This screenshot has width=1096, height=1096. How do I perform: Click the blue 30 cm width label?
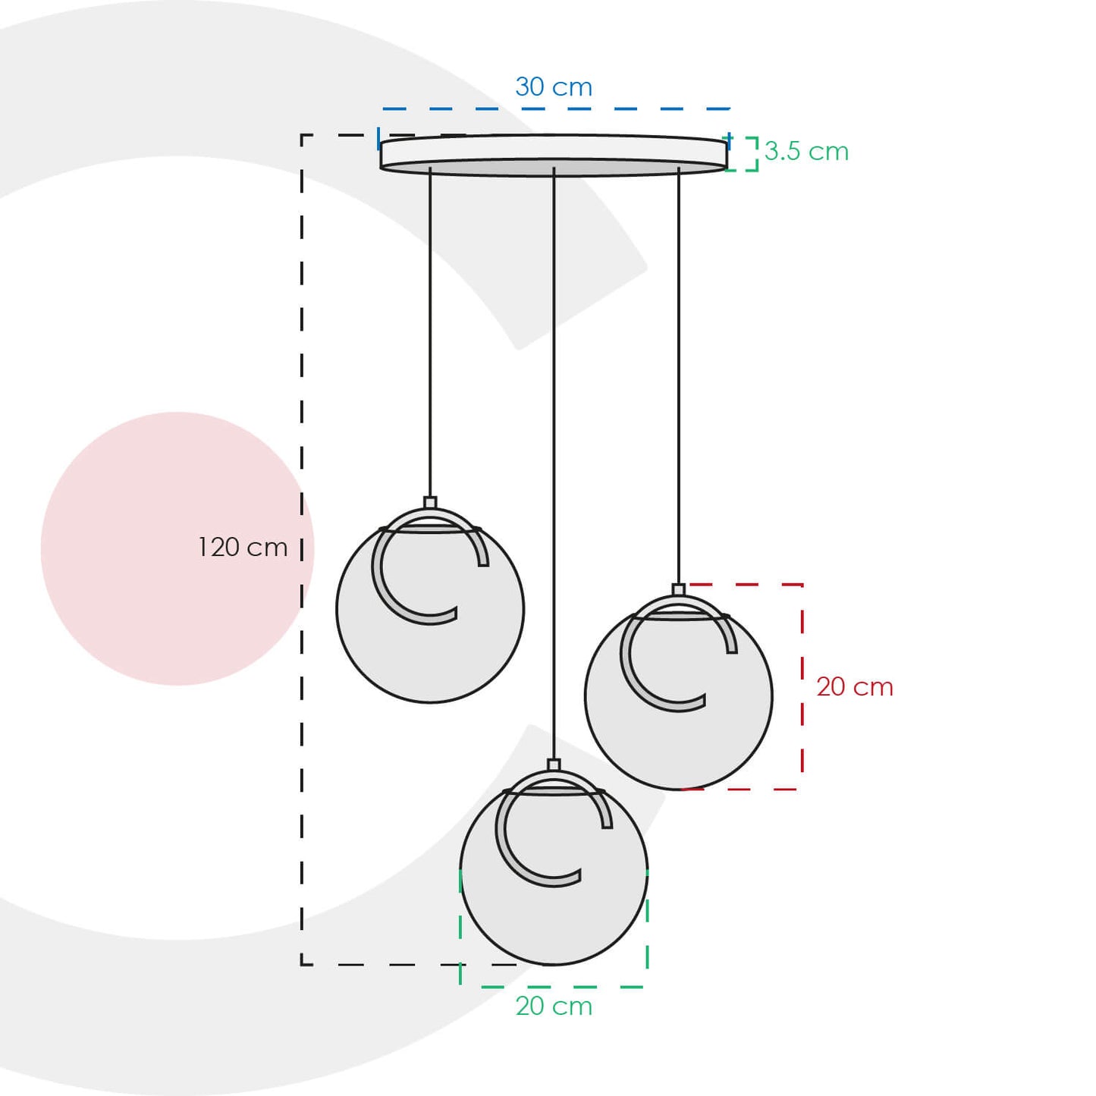pyautogui.click(x=554, y=87)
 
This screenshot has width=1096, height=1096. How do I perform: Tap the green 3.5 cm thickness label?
pyautogui.click(x=806, y=151)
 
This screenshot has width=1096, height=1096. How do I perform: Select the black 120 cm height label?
pyautogui.click(x=243, y=547)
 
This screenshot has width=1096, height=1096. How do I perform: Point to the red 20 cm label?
pyautogui.click(x=855, y=686)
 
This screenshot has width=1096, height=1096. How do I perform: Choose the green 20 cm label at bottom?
pyautogui.click(x=554, y=1006)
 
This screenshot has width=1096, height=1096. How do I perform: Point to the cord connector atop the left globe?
pyautogui.click(x=430, y=502)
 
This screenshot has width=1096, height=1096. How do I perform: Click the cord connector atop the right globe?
pyautogui.click(x=679, y=589)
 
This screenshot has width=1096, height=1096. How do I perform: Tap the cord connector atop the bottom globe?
pyautogui.click(x=554, y=765)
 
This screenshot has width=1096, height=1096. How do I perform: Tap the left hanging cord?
pyautogui.click(x=430, y=334)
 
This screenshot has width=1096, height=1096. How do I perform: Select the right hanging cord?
pyautogui.click(x=679, y=379)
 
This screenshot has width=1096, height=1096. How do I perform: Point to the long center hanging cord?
pyautogui.click(x=554, y=455)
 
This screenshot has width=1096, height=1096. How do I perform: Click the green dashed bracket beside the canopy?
pyautogui.click(x=751, y=154)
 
